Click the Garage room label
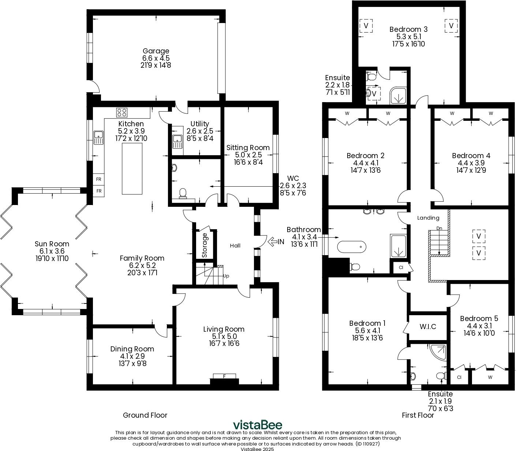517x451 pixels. point(156,51)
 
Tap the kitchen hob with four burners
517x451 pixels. point(122,112)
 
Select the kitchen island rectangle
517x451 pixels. point(132,168)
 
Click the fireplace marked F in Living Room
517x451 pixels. point(224,376)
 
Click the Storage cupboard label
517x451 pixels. point(205,245)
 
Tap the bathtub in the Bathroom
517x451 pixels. point(351,247)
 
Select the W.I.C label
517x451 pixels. point(428,327)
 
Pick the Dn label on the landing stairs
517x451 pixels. point(439,228)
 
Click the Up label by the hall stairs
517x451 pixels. point(226,276)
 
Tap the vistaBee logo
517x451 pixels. point(258,425)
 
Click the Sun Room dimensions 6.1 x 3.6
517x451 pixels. point(52,251)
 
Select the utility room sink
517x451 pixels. point(177,139)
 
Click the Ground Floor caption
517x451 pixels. point(145,415)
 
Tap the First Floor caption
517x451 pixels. point(418,415)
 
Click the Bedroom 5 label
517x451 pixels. point(479,318)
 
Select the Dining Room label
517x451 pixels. point(132,349)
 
